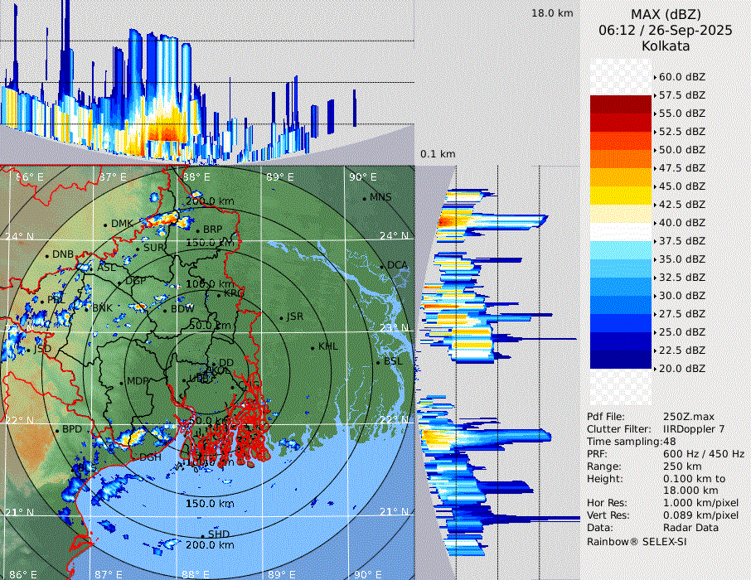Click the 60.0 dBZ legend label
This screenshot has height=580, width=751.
[682, 77]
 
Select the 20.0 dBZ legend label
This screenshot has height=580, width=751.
[682, 368]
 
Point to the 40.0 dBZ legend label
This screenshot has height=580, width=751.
[682, 222]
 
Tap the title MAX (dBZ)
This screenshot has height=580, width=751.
[666, 14]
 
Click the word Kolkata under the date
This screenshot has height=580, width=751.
[666, 46]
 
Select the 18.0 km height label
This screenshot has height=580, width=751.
[552, 13]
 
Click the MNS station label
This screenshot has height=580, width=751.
[380, 197]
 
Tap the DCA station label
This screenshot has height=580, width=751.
[398, 265]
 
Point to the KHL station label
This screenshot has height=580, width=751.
[327, 346]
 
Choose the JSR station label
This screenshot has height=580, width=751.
[294, 317]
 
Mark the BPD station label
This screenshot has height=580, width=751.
[72, 430]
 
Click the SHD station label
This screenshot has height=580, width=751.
[219, 534]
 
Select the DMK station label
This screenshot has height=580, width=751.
[122, 224]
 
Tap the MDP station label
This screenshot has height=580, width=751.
[137, 382]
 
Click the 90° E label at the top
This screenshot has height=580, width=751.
[362, 176]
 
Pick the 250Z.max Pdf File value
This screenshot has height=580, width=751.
[683, 417]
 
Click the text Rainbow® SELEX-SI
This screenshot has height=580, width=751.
[637, 541]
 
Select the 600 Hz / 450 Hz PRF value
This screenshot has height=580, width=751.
[704, 454]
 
